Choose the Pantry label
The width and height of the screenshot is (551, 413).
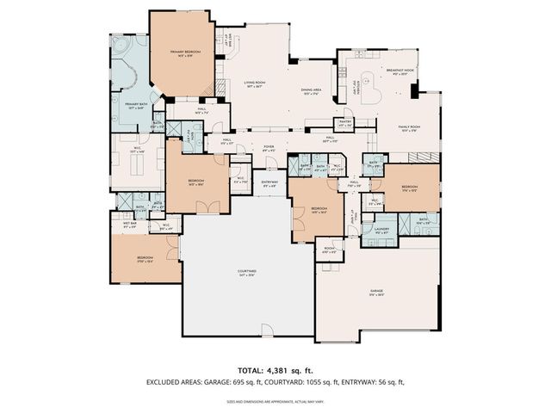coord(345,122)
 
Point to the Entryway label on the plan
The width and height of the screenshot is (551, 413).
coord(270,183)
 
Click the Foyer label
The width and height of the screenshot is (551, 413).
coord(268,148)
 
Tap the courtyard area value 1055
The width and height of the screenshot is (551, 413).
coord(350,382)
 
